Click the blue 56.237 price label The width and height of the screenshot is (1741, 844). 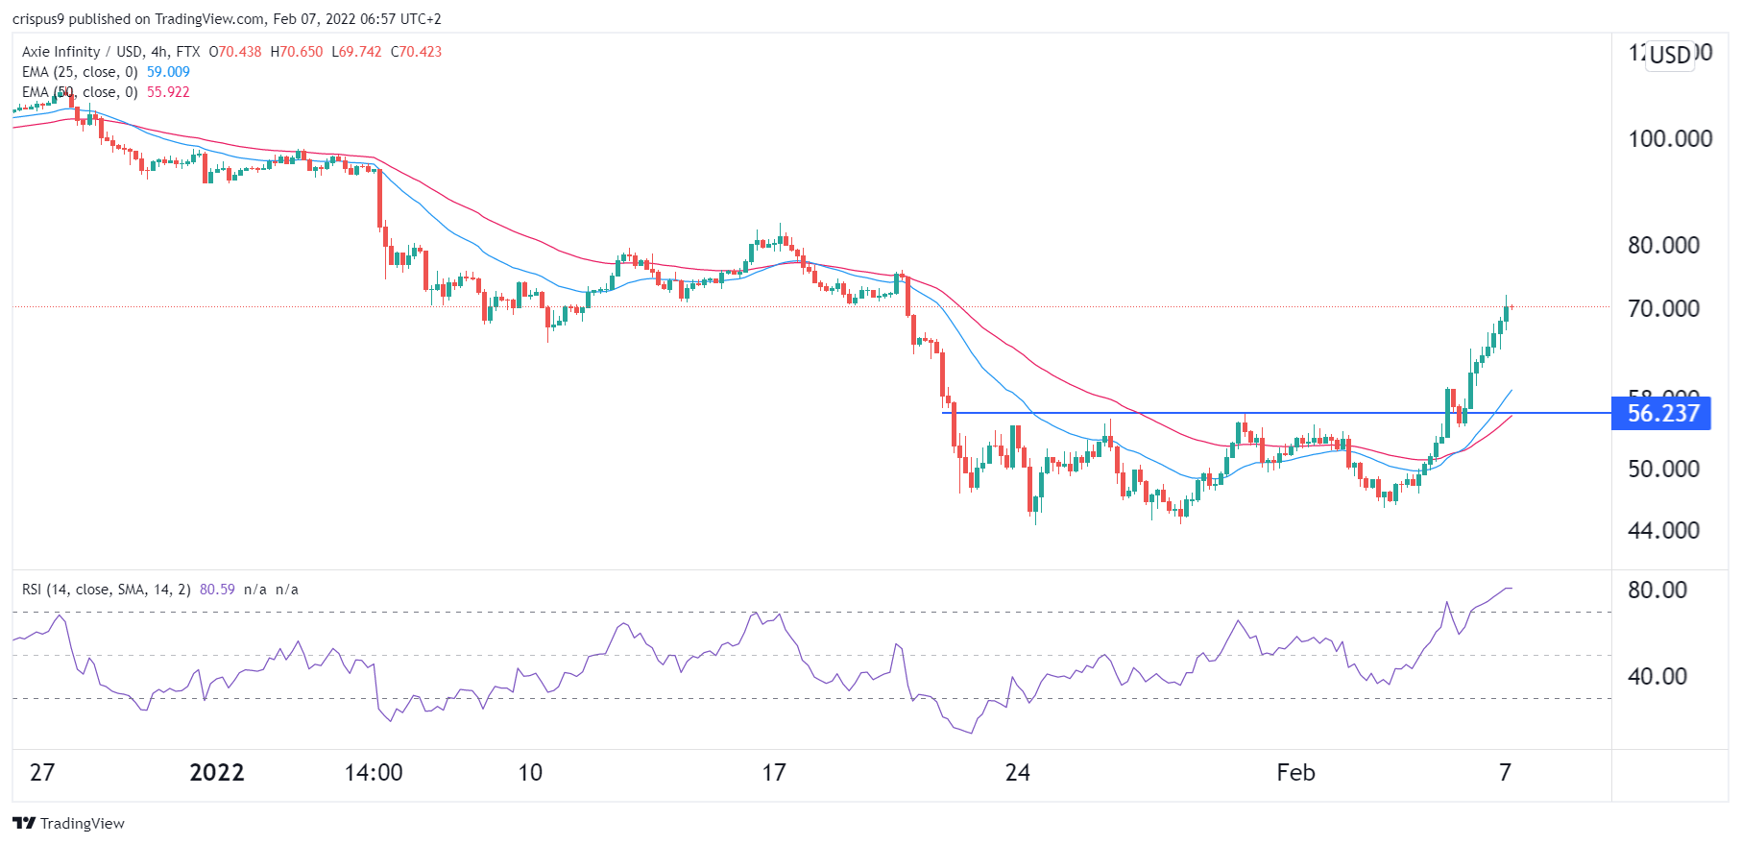coord(1661,414)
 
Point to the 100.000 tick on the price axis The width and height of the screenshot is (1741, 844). coord(1669,139)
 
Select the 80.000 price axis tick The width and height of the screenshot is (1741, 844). coord(1663,246)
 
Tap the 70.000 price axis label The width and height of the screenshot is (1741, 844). coord(1663,309)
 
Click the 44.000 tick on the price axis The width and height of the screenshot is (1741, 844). coord(1663,531)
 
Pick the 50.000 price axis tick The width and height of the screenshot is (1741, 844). coord(1663,470)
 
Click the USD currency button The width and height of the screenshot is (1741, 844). coord(1670,55)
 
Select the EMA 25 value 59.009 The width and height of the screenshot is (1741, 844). coord(168,72)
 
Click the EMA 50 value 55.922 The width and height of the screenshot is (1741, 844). coord(168,92)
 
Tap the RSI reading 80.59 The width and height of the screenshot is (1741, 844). coord(217,590)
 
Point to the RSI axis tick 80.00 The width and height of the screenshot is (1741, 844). coord(1656,591)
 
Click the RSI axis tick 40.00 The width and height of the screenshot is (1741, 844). coord(1656,677)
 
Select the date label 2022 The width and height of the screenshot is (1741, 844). coord(217,773)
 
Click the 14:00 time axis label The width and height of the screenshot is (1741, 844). coord(374,773)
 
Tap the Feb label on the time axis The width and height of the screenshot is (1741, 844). coord(1295,773)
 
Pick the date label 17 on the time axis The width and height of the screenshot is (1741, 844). coord(774,773)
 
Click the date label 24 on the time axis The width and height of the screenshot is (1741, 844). coord(1017,773)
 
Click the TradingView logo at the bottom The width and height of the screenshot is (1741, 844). coord(69,824)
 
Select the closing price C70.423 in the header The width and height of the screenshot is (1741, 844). coord(416,52)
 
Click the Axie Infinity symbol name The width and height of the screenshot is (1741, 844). coord(60,52)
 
